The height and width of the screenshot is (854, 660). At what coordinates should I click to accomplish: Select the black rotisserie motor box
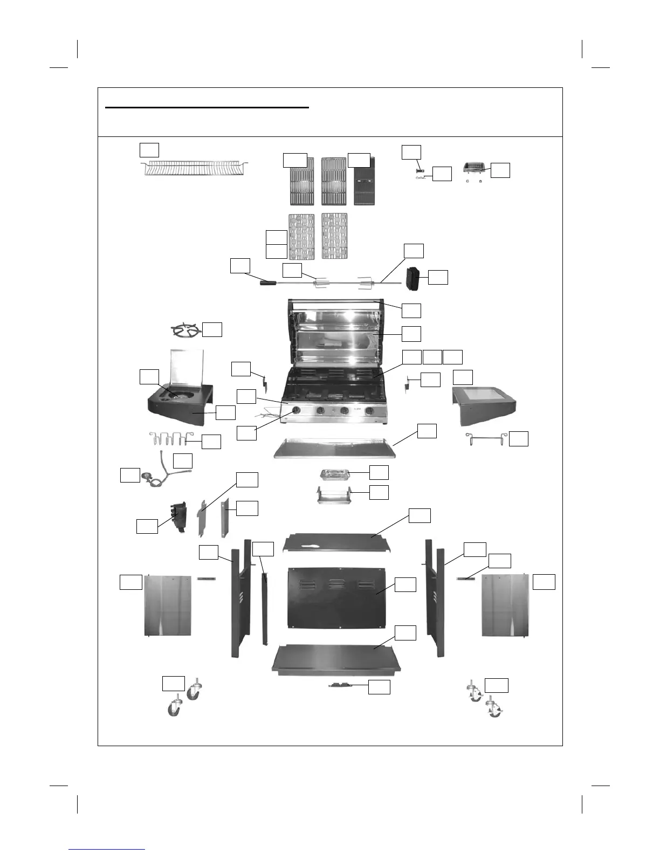[414, 278]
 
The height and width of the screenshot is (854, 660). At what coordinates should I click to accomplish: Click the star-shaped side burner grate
[183, 330]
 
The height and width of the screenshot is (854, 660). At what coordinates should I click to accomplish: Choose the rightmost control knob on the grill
[369, 411]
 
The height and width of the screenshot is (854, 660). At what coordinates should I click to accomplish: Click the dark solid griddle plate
[365, 181]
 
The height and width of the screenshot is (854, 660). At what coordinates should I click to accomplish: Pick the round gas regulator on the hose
[147, 477]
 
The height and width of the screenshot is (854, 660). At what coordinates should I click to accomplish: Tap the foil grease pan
[335, 474]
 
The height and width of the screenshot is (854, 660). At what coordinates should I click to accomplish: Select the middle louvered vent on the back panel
[336, 584]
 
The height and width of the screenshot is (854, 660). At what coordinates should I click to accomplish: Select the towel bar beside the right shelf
[486, 439]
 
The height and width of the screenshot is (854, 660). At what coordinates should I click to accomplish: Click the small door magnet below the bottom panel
[341, 685]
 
